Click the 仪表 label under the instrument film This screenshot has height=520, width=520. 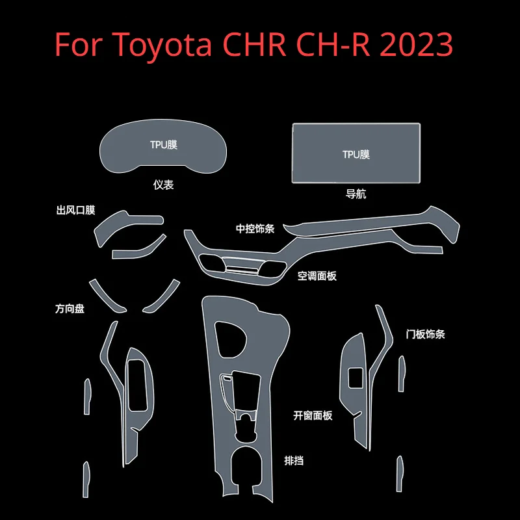[163, 185]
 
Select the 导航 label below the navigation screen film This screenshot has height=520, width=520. [356, 194]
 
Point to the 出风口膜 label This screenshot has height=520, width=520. [76, 210]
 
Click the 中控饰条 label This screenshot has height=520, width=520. [255, 229]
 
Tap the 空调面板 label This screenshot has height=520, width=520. [317, 276]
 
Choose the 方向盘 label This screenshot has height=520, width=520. [70, 309]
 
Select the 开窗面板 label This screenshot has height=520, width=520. [313, 415]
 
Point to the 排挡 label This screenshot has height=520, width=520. [294, 461]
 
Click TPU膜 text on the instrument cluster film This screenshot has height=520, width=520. [163, 145]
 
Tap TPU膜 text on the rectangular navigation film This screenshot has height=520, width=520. [356, 155]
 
